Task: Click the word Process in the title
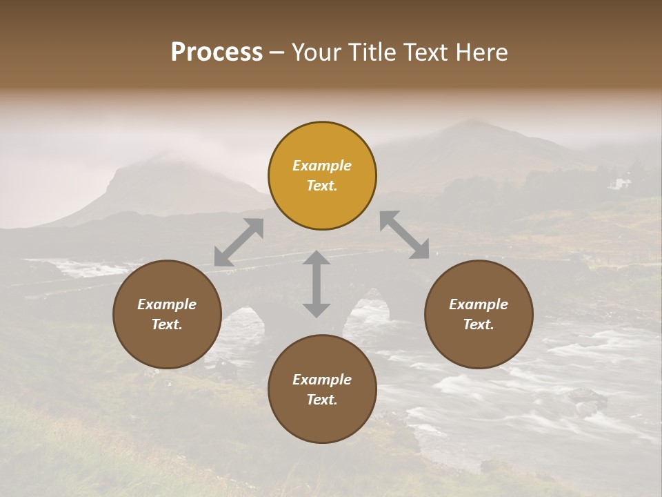217,52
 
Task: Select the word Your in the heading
314,52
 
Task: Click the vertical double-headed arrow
317,284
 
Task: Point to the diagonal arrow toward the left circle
239,242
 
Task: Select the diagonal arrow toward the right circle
404,235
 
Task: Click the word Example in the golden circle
322,166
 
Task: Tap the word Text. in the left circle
167,324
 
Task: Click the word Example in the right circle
479,304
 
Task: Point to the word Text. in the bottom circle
322,400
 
